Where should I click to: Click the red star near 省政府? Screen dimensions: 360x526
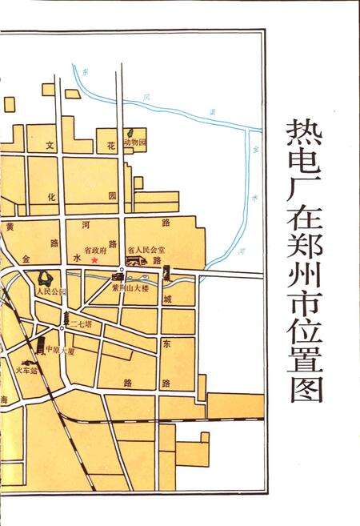coord(94,259)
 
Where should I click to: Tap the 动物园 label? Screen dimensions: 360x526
coord(138,142)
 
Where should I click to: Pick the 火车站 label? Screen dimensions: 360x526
coord(27,371)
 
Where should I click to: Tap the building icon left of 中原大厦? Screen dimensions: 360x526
coord(40,347)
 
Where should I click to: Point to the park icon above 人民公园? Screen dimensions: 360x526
coord(43,279)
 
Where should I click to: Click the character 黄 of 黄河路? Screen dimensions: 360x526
coord(10,227)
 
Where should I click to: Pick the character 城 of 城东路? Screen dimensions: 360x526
coord(167,299)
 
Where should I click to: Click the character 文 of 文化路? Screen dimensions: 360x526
coord(50,146)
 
